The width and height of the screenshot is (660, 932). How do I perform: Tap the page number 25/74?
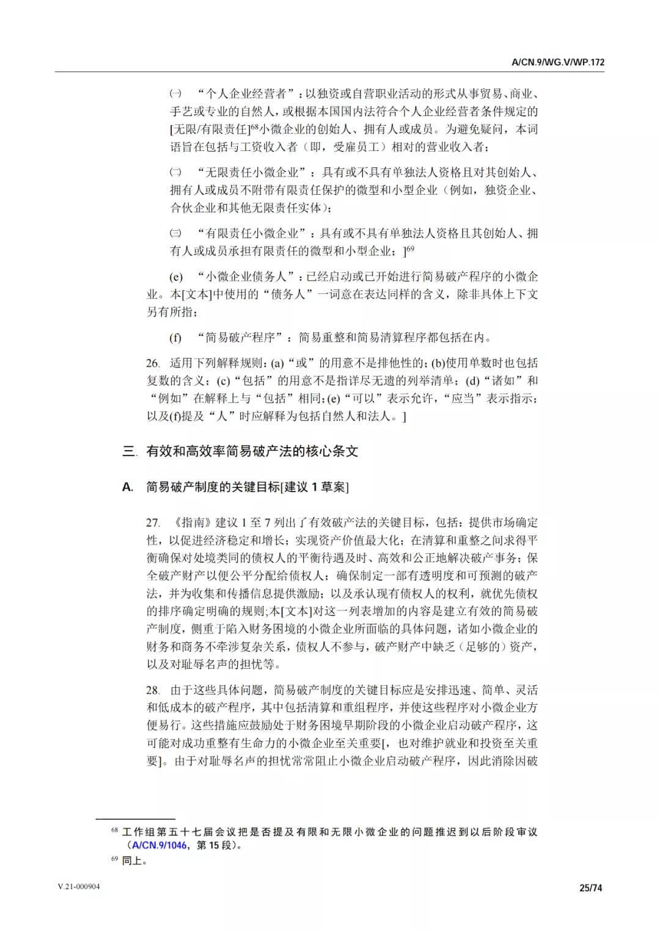590,888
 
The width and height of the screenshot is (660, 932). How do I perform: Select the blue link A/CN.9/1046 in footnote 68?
160,846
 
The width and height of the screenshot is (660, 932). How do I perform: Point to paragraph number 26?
153,363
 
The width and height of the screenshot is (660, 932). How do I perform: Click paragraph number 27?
153,523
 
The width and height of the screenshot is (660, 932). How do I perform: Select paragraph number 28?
153,690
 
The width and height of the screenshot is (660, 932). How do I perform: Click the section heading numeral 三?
128,452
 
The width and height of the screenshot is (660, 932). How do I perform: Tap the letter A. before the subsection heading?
128,487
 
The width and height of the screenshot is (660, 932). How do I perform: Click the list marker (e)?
175,277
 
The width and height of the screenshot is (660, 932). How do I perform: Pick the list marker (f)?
175,338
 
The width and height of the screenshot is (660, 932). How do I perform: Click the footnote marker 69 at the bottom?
114,860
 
